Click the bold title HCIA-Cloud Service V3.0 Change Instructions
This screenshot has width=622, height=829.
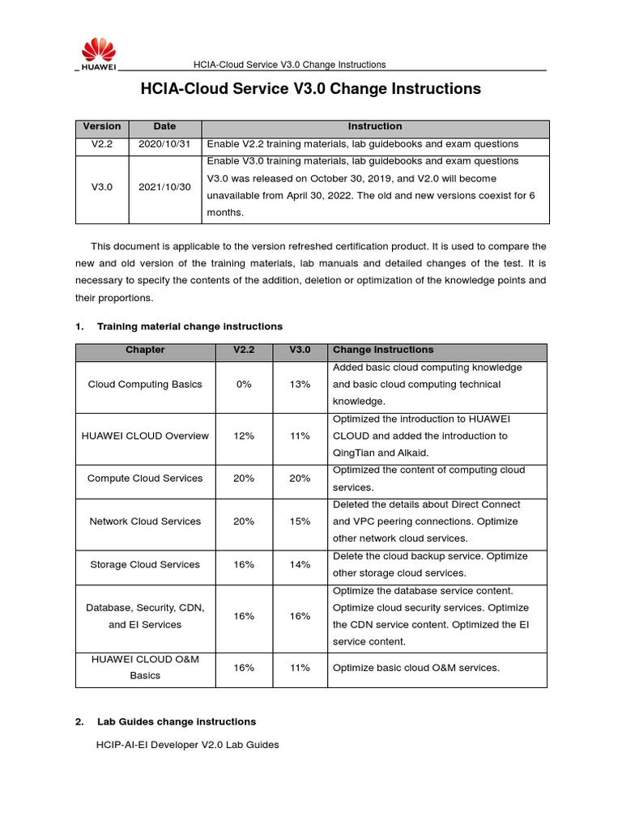coord(311,89)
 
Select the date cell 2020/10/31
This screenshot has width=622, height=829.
coord(164,144)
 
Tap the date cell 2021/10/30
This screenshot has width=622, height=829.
coord(164,187)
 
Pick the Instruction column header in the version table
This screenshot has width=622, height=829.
coord(375,127)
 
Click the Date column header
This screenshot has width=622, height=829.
coord(164,127)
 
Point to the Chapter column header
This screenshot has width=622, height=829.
coord(145,351)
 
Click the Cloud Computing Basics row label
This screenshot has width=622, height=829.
coord(145,385)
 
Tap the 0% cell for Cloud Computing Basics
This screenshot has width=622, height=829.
coord(244,385)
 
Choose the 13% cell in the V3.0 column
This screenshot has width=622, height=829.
coord(300,385)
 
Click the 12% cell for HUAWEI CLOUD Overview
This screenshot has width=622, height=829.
coord(244,436)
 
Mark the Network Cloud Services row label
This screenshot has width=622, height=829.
coord(145,521)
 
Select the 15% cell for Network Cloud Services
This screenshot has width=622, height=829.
coord(300,521)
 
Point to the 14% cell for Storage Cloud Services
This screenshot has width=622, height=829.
coord(300,564)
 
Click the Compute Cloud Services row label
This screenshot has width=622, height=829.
coord(145,478)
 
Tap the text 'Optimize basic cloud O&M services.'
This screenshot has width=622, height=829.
coord(416,668)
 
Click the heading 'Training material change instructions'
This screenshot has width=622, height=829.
coord(190,326)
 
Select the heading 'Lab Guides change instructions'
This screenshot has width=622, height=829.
coord(176,721)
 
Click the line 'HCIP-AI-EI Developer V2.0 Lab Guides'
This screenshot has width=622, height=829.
coord(188,745)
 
